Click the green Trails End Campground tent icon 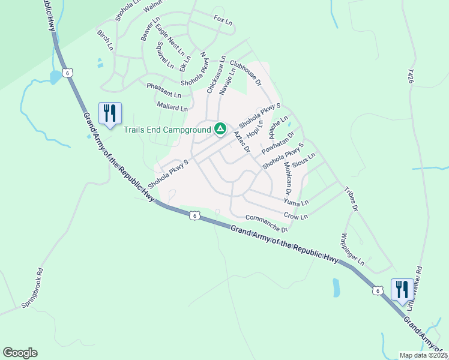click(x=220, y=128)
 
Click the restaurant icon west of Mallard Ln click(x=110, y=113)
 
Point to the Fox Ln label click(x=223, y=21)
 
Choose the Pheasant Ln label click(x=164, y=91)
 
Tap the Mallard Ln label click(x=172, y=107)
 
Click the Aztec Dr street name click(x=241, y=143)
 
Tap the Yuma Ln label click(x=296, y=202)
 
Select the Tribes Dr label click(x=351, y=199)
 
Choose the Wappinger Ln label click(x=352, y=249)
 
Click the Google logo click(x=20, y=353)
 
